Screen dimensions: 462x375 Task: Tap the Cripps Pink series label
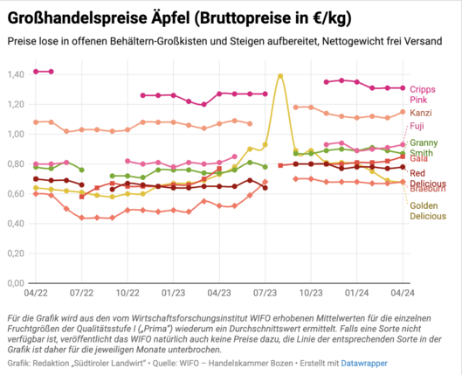(x=423, y=94)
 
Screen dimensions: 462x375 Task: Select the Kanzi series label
(x=421, y=113)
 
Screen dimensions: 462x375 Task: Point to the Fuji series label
(x=417, y=126)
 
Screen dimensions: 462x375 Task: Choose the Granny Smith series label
(x=424, y=148)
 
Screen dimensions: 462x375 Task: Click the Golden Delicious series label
(x=428, y=211)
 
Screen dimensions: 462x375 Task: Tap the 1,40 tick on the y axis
(x=16, y=74)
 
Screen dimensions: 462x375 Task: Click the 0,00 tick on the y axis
(x=16, y=283)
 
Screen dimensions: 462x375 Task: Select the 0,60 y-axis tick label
(x=16, y=194)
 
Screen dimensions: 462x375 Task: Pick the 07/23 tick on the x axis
(x=265, y=293)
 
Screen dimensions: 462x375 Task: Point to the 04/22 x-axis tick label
(x=36, y=293)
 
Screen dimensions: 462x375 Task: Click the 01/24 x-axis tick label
(x=357, y=293)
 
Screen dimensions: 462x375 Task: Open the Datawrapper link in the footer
(x=364, y=364)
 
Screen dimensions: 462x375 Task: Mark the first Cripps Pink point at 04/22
(x=36, y=72)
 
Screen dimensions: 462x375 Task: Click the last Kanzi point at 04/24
(x=403, y=112)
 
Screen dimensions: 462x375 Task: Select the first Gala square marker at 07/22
(x=81, y=197)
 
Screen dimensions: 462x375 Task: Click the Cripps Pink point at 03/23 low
(x=203, y=104)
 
